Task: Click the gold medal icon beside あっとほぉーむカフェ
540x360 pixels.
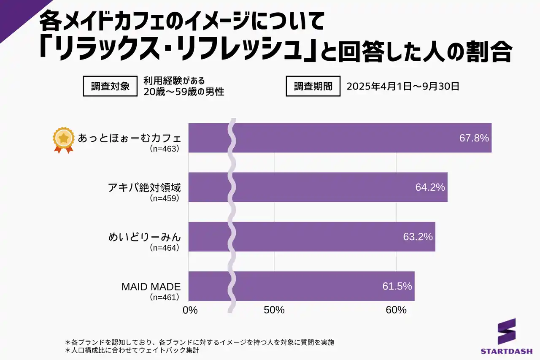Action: click(x=63, y=139)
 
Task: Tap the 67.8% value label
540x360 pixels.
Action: click(x=474, y=138)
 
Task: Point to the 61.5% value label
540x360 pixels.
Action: click(x=397, y=286)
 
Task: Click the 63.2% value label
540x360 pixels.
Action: click(x=418, y=237)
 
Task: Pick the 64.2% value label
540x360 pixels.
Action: click(x=430, y=187)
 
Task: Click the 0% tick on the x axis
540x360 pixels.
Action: click(x=190, y=310)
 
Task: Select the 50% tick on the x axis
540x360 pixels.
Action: click(x=274, y=310)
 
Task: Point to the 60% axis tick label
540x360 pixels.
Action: click(x=396, y=310)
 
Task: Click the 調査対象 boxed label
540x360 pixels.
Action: click(x=111, y=86)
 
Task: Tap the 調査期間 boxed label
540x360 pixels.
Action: click(x=313, y=86)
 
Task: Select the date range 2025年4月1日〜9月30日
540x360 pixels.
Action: click(x=402, y=87)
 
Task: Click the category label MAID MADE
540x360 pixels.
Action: click(x=151, y=287)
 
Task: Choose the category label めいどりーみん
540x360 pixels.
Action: click(x=144, y=237)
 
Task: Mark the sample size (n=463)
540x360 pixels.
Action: click(x=165, y=149)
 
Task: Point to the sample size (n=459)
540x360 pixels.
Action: click(x=165, y=198)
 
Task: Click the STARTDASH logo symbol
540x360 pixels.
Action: click(x=506, y=331)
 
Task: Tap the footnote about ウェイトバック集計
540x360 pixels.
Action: click(x=132, y=350)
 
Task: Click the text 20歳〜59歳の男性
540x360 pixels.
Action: click(x=184, y=92)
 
